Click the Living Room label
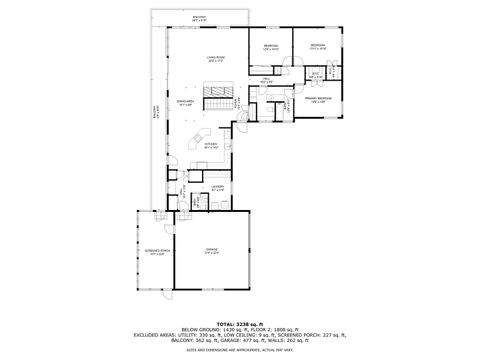tap(215, 59)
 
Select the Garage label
tap(211, 250)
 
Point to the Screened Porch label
tap(148, 251)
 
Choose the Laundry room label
tap(217, 186)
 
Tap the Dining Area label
tap(185, 102)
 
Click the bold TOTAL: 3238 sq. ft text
tap(241, 324)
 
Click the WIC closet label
tap(314, 74)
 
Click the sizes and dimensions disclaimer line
tap(241, 350)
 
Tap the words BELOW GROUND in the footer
tap(198, 330)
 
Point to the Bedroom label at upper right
tap(318, 45)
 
